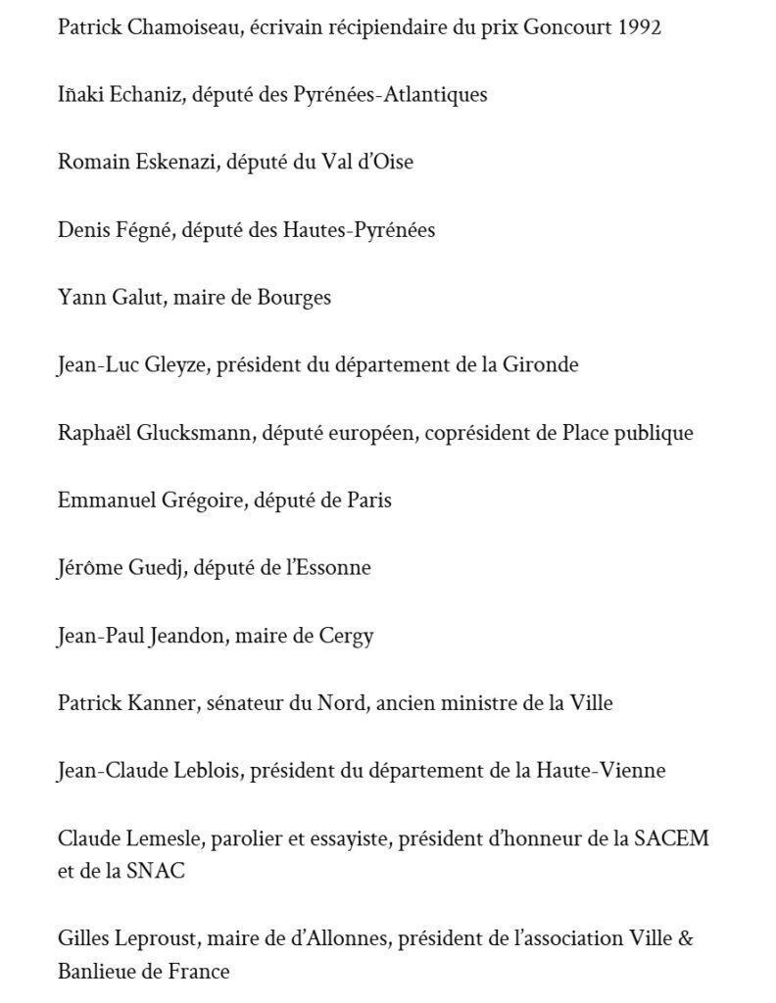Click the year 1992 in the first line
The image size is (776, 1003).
(639, 27)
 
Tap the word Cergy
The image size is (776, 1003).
(347, 636)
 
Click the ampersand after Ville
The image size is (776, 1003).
(686, 939)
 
